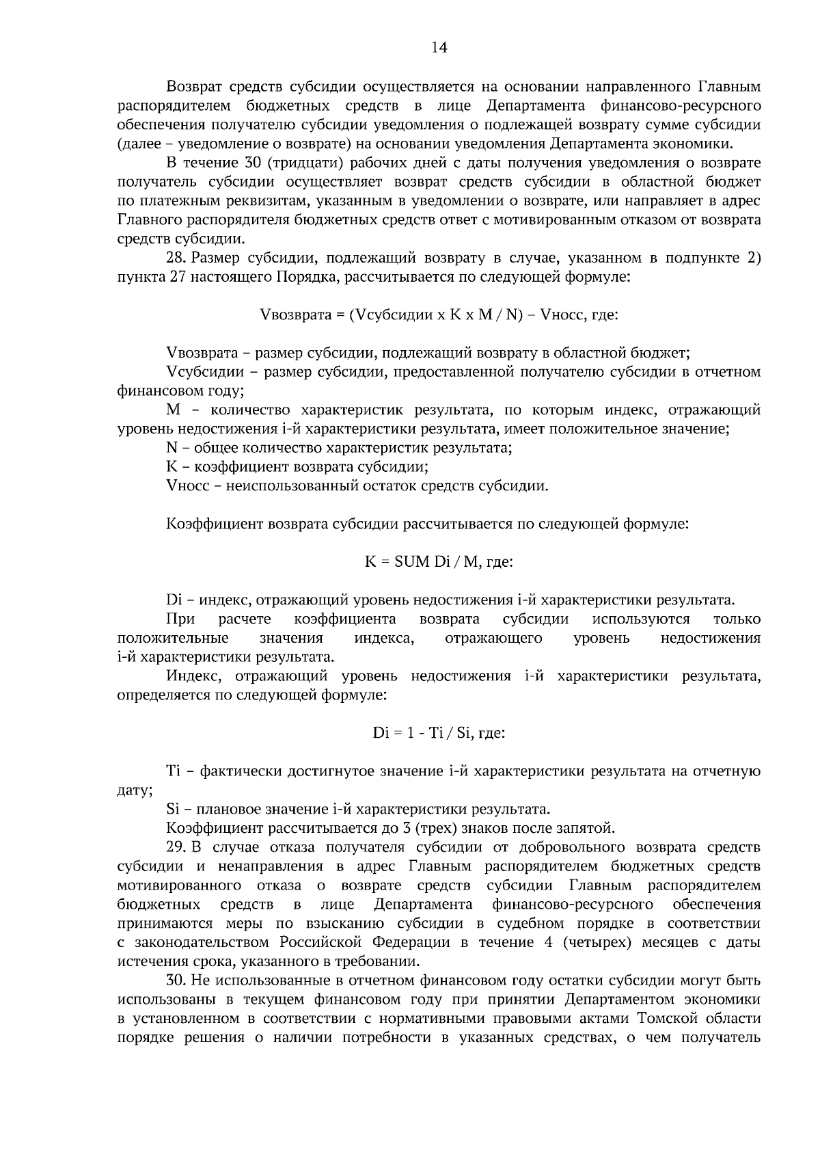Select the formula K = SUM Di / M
[439, 562]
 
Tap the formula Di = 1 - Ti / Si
[439, 733]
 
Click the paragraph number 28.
[176, 258]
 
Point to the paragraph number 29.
[176, 848]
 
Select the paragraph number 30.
[176, 980]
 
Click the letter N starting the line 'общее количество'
[172, 449]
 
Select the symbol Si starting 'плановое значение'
[172, 810]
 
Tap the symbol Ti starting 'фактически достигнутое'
[172, 772]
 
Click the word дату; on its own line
[135, 791]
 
